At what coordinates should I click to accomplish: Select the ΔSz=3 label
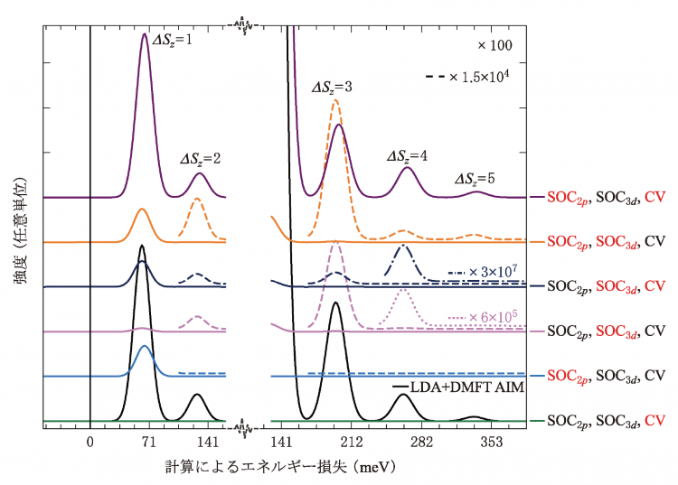click(332, 88)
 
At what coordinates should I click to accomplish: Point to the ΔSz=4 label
click(408, 155)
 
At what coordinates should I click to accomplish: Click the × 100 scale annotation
click(495, 43)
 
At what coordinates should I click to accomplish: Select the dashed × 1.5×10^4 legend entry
click(469, 77)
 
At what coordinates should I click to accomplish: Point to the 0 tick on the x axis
click(89, 443)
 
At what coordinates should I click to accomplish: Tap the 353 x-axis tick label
click(492, 443)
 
